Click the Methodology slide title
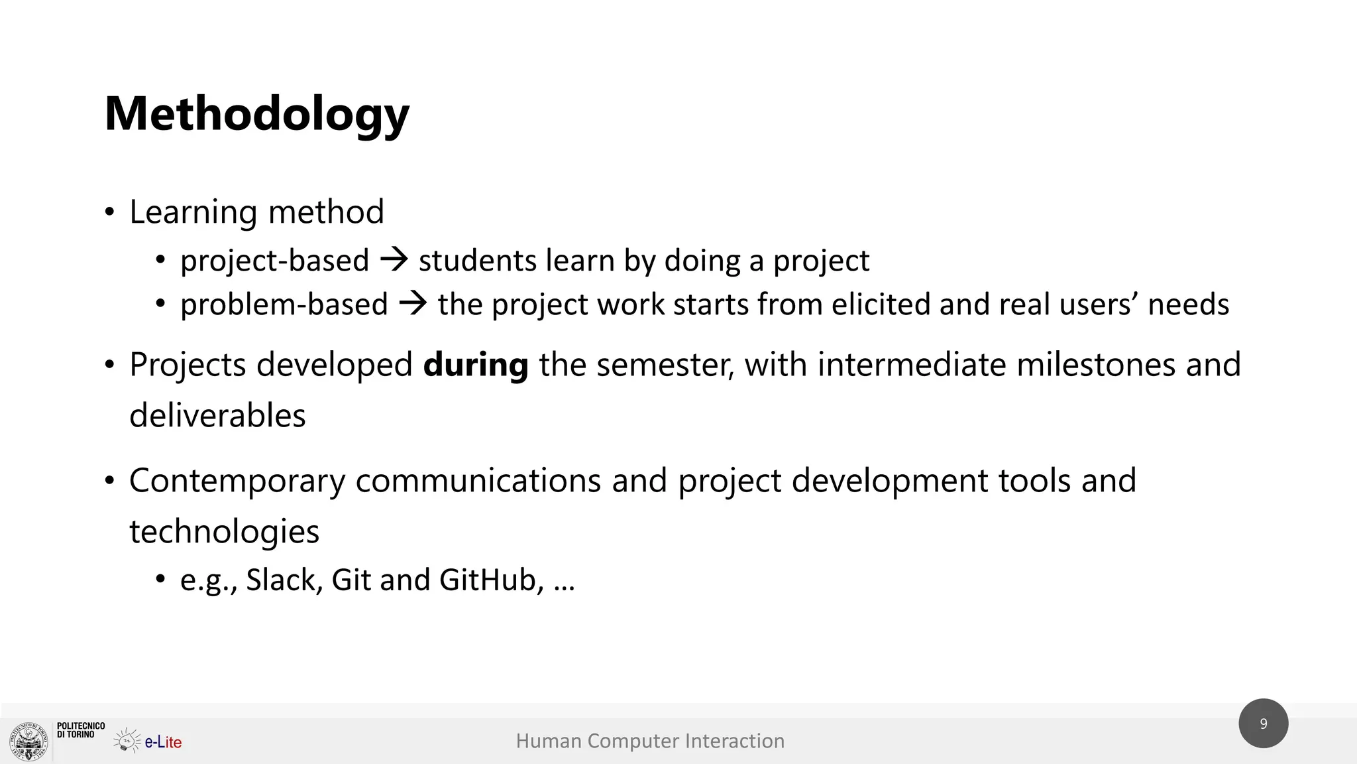tap(257, 114)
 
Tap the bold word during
tap(475, 365)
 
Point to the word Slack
tap(284, 580)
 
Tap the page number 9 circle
tap(1263, 724)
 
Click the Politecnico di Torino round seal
tap(29, 741)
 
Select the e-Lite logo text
tap(163, 742)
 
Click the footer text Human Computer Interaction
tap(650, 741)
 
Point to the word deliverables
tap(217, 416)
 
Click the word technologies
tap(224, 532)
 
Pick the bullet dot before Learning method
tap(109, 213)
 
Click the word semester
tap(665, 365)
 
